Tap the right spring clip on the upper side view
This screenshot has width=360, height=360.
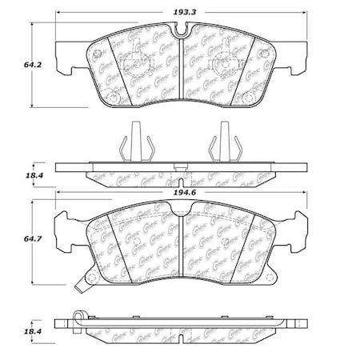219,146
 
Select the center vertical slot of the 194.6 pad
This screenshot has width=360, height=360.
183,244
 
